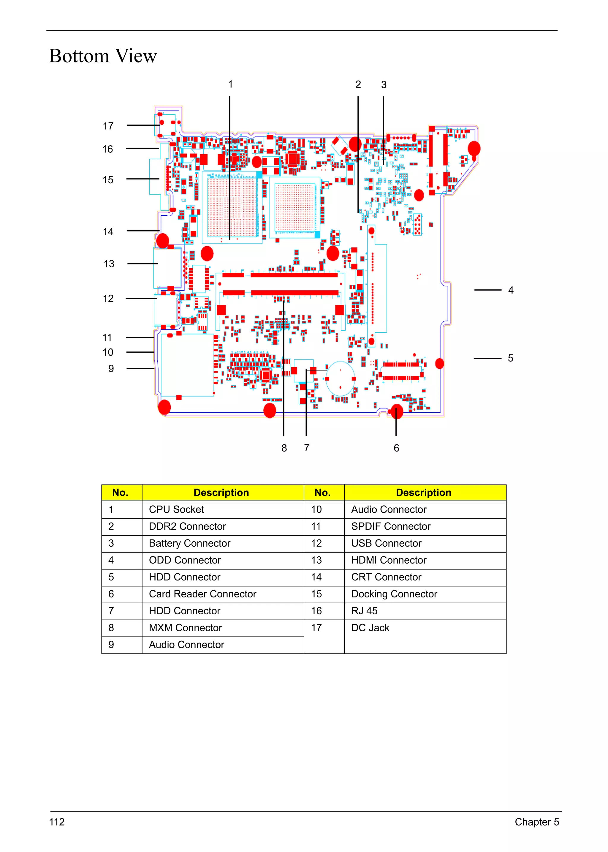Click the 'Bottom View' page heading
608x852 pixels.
103,56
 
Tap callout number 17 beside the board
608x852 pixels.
108,126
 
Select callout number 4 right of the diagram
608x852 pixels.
511,290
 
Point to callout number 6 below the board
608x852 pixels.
396,448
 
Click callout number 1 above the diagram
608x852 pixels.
231,84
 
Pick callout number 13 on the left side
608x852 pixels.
109,264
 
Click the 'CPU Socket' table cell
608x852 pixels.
176,509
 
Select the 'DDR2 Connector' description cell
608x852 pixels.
187,526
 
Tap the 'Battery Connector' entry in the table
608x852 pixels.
189,543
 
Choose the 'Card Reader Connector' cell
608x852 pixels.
202,594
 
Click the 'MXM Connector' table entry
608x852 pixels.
185,628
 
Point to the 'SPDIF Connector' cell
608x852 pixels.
391,526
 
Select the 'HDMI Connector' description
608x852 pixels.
389,560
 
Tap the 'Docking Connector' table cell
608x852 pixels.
394,594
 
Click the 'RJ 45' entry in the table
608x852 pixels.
364,611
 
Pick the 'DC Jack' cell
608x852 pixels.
370,628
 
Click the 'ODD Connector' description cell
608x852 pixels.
185,560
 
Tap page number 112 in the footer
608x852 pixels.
57,822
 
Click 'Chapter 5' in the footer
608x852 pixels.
537,822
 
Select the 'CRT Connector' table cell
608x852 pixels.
386,577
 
